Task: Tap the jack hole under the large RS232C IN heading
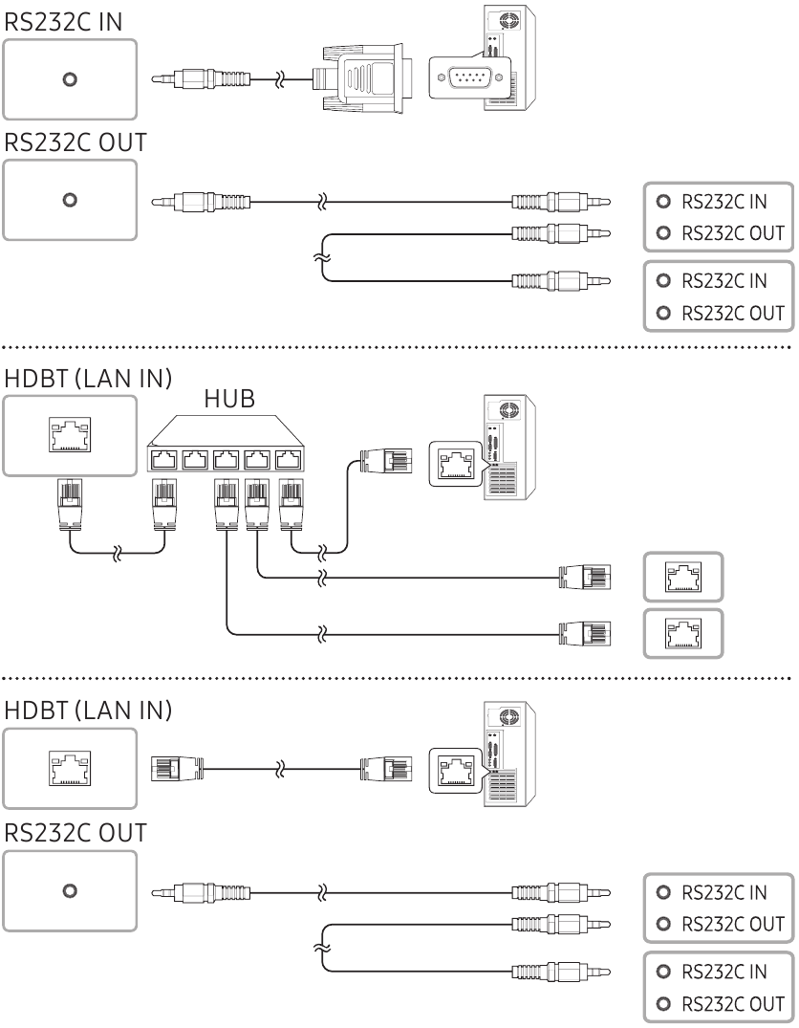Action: (69, 80)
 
